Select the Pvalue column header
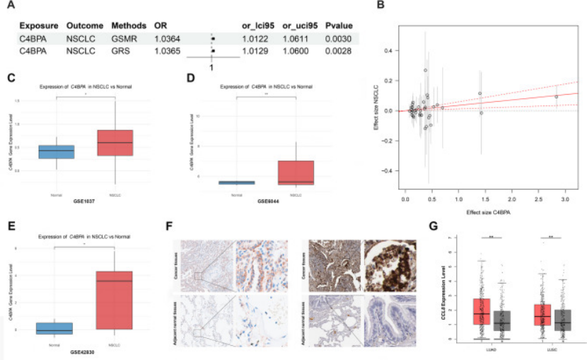click(339, 25)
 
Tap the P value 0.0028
click(337, 51)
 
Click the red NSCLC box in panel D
click(296, 173)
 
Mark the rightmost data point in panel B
click(557, 96)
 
